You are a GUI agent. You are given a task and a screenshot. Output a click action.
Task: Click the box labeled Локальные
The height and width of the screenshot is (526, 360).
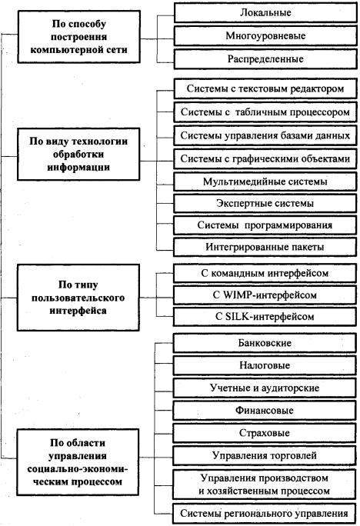click(x=265, y=13)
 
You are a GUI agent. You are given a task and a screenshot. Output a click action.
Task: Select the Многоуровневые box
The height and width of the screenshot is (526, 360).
click(x=265, y=36)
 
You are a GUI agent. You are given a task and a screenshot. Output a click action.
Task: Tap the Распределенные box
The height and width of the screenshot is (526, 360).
click(x=265, y=59)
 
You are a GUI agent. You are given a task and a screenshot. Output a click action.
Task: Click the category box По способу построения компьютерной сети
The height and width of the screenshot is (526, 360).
click(x=78, y=37)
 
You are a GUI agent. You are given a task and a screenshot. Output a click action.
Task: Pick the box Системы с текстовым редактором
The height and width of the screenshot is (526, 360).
click(x=265, y=88)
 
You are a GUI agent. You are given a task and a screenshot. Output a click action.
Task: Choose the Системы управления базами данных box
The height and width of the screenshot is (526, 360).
click(x=265, y=135)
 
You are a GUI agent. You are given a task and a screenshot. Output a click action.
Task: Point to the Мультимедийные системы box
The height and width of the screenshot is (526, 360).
click(x=265, y=181)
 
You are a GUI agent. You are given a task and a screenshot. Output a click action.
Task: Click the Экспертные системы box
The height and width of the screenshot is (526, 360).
click(x=265, y=203)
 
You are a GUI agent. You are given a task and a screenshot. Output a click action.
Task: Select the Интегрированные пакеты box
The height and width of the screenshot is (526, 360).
click(x=265, y=247)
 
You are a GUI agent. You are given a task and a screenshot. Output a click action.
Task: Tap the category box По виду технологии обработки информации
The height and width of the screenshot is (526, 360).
click(x=78, y=155)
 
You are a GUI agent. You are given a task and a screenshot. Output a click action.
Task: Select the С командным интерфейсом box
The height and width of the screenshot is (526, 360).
click(x=265, y=273)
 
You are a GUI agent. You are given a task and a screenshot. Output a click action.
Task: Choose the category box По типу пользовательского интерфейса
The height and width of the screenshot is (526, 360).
click(x=78, y=298)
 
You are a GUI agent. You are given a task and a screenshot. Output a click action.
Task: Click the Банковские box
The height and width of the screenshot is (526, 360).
click(x=265, y=343)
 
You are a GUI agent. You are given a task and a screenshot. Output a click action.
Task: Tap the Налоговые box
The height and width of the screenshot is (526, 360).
click(x=265, y=365)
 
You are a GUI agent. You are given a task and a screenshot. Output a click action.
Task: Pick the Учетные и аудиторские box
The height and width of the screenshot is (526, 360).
click(x=265, y=388)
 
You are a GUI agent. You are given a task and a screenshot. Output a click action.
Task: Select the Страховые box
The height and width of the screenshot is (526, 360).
click(x=265, y=433)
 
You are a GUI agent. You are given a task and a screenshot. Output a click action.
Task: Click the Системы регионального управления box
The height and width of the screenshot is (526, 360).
click(x=265, y=513)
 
